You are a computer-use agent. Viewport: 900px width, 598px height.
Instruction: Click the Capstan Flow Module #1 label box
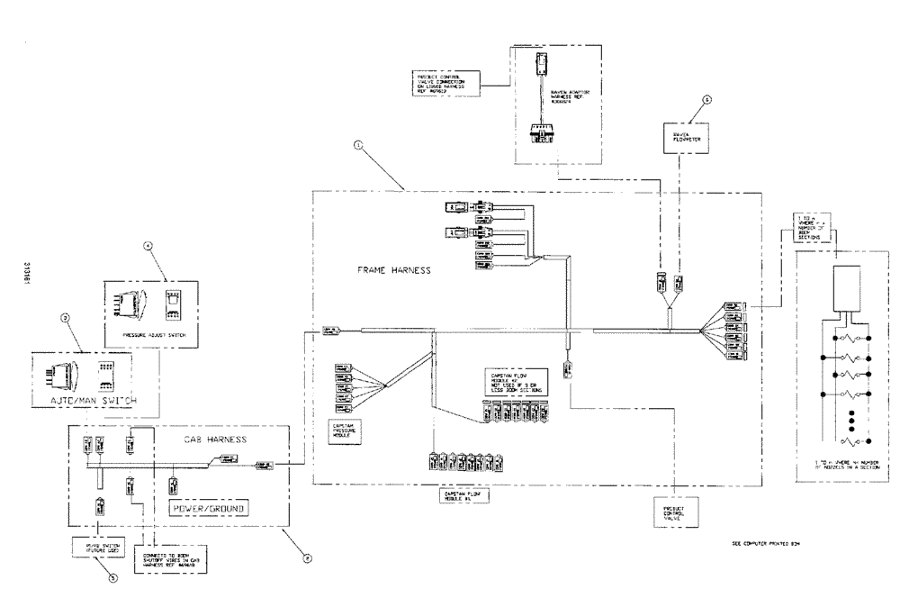tap(462, 495)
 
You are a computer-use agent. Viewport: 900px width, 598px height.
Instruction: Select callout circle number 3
tap(65, 317)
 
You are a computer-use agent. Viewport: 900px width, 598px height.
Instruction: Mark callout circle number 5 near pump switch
tap(112, 579)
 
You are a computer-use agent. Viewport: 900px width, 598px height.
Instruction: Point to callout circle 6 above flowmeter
tap(706, 101)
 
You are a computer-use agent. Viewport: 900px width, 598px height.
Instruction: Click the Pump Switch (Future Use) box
tap(98, 548)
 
